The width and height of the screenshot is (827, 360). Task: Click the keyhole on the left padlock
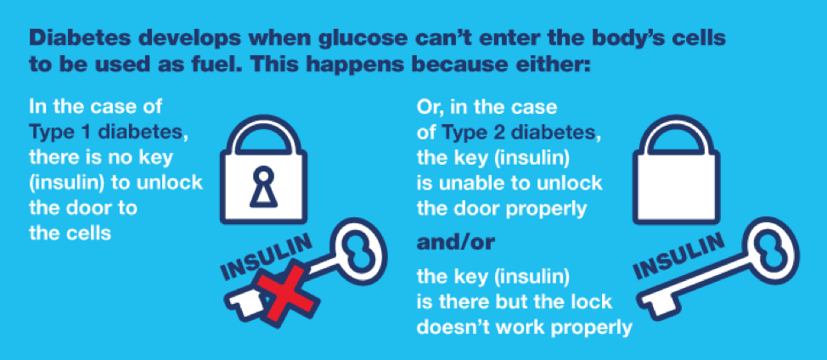[264, 187]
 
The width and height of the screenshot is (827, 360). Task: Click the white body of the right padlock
[676, 186]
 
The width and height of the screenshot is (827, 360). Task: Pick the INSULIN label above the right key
[678, 255]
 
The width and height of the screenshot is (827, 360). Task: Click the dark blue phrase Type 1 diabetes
[109, 130]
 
